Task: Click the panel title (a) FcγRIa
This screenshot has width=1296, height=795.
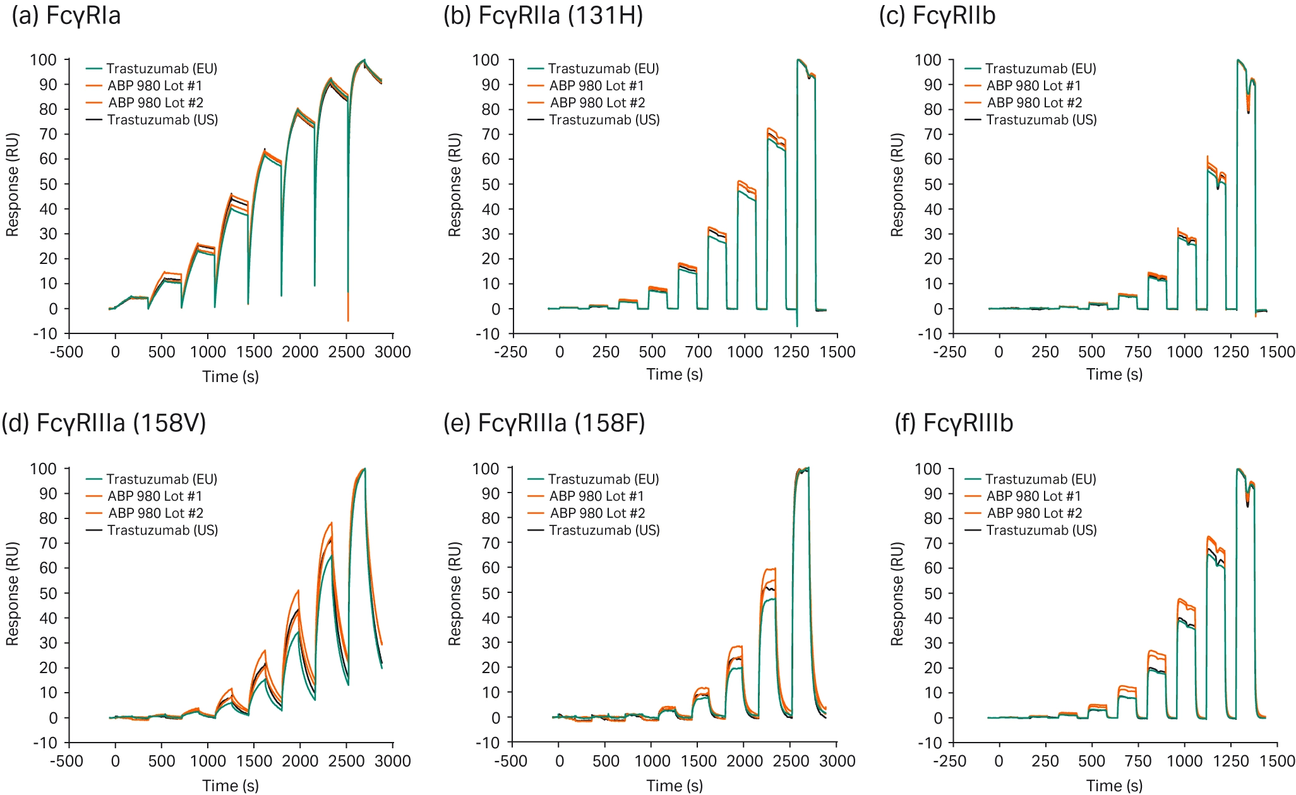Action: (x=66, y=15)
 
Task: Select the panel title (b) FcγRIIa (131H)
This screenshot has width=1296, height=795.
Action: (x=543, y=15)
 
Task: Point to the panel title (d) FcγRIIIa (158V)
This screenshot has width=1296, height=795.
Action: (x=104, y=422)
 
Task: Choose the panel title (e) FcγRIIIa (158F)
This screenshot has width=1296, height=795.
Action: (x=544, y=422)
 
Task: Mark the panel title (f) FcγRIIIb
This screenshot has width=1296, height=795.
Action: (x=954, y=422)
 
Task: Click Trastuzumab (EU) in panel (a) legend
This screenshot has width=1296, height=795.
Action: (x=162, y=69)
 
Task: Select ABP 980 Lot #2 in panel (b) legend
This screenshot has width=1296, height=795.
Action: (x=597, y=103)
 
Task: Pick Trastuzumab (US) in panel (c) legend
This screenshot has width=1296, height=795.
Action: (x=1041, y=120)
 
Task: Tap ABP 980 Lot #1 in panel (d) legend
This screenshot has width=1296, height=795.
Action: (x=155, y=496)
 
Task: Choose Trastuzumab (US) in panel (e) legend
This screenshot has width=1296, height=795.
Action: (x=604, y=530)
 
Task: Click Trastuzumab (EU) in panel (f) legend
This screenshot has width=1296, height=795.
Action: (x=1041, y=479)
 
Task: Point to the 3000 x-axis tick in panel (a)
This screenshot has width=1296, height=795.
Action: (x=393, y=352)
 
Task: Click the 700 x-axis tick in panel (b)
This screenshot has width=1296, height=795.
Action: (x=699, y=352)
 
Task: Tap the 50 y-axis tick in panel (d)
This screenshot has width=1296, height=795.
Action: (x=48, y=593)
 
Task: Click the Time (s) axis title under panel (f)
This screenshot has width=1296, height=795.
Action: (x=1114, y=786)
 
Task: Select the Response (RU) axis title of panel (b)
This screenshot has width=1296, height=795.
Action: (x=455, y=184)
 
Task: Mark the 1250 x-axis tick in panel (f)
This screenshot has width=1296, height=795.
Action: (x=1231, y=761)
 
